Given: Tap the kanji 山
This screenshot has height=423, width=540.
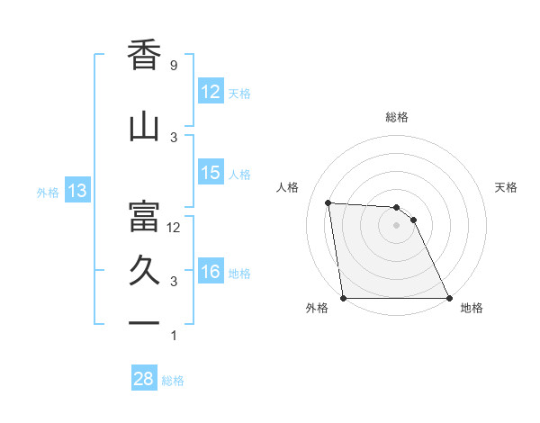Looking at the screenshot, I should click(x=145, y=127).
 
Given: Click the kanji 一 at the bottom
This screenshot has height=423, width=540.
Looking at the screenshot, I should click(x=145, y=322).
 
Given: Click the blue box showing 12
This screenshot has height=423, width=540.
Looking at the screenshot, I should click(x=211, y=93).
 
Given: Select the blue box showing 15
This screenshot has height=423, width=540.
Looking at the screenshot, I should click(x=211, y=174).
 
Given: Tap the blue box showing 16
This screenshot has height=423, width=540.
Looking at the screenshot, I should click(x=211, y=273).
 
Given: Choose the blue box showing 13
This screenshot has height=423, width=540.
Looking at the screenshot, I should click(x=76, y=191).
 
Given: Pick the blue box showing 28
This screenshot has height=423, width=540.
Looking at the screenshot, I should click(x=144, y=379).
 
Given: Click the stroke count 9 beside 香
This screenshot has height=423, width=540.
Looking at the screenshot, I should click(x=173, y=66).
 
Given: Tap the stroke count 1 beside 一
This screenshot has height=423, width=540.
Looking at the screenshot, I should click(x=173, y=336).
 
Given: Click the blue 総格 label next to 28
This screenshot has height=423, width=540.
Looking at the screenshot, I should click(x=173, y=381).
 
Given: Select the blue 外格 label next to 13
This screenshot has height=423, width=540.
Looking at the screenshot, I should click(x=47, y=192).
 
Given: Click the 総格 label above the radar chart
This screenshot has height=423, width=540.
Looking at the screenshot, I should click(x=396, y=117).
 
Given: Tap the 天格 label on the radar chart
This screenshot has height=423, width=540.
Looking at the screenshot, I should click(x=506, y=187).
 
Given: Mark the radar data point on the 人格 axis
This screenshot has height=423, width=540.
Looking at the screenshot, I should click(x=328, y=202).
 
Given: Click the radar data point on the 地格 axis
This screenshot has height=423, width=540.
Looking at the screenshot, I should click(x=449, y=298).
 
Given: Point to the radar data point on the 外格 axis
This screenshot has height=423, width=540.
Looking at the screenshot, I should click(x=343, y=298).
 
